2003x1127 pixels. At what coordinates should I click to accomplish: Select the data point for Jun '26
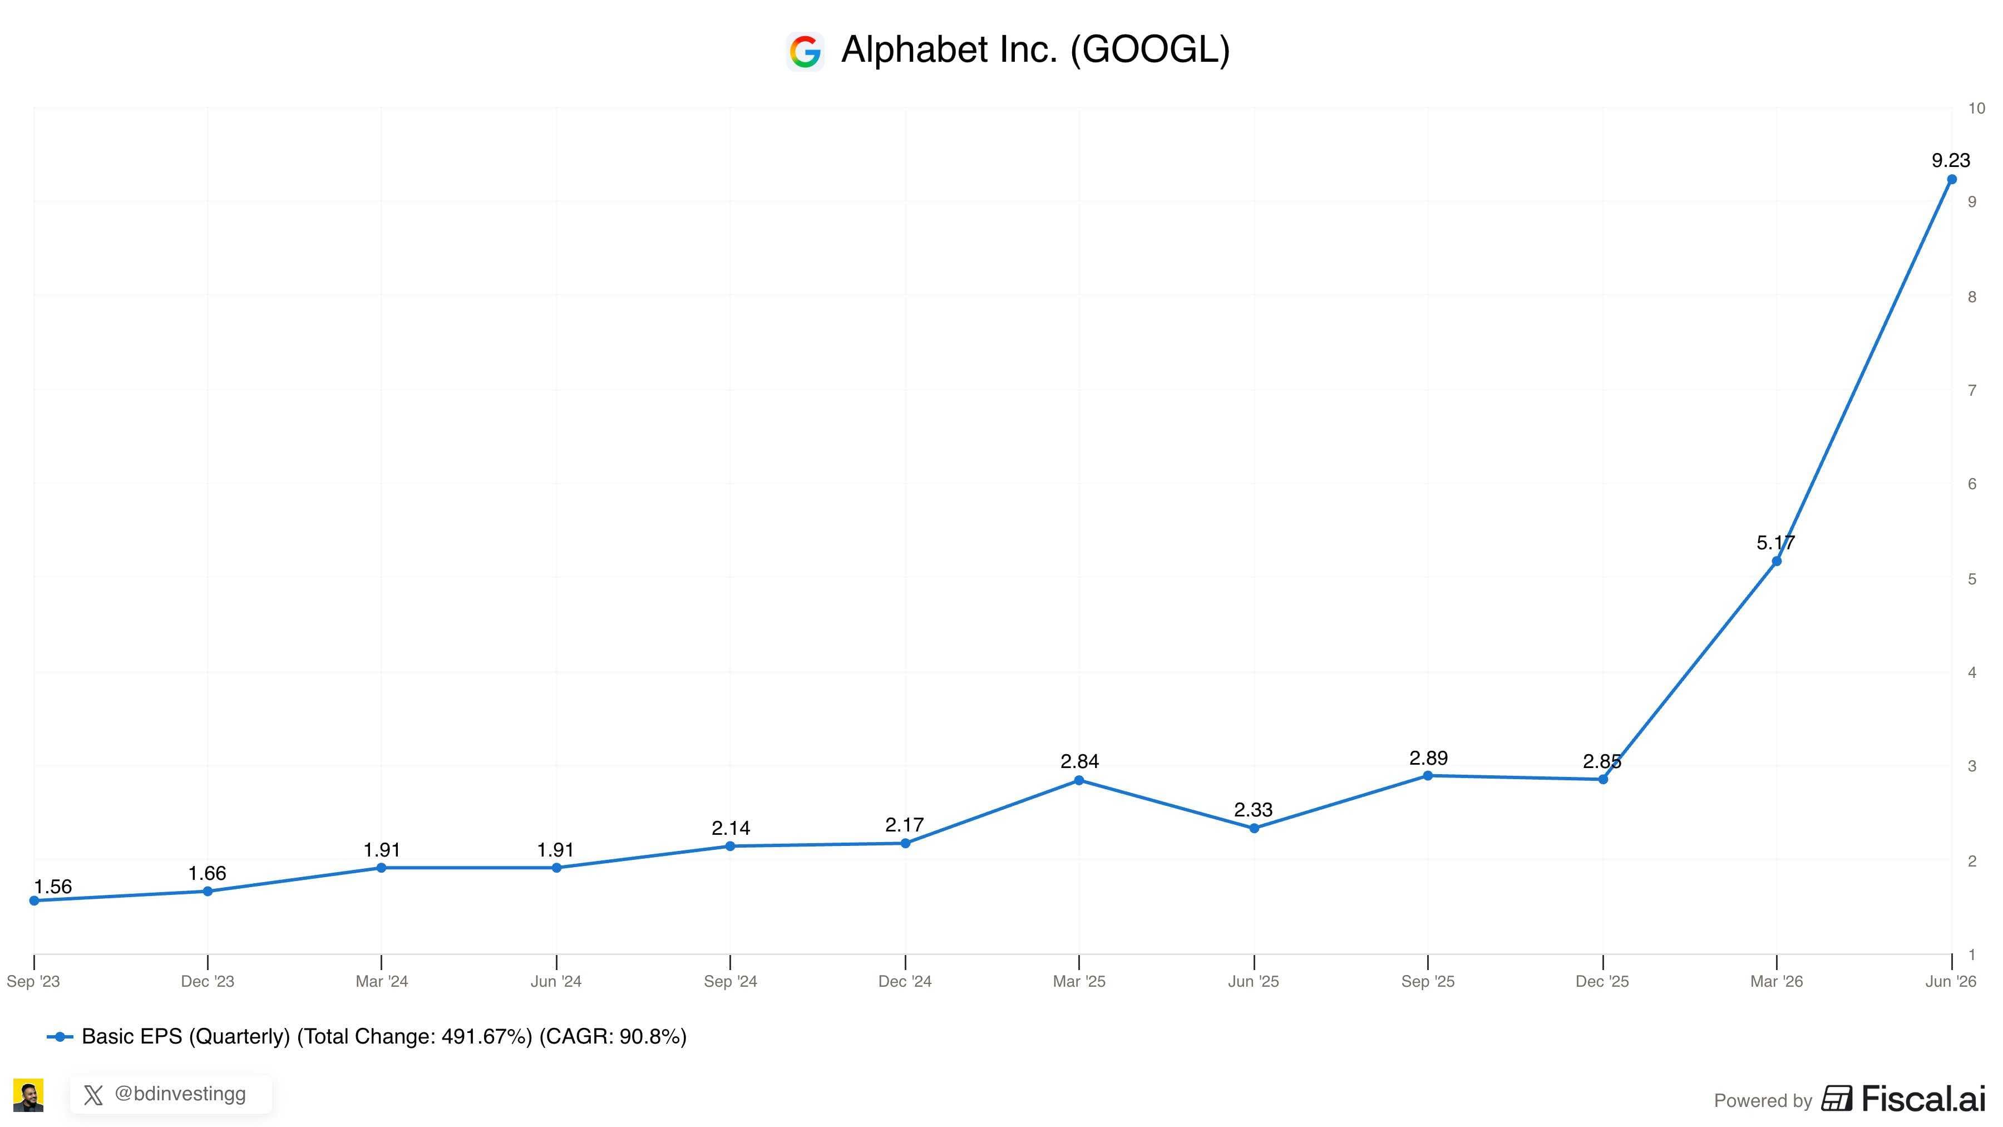coord(1951,180)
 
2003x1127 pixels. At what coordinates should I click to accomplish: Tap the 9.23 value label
coord(1951,160)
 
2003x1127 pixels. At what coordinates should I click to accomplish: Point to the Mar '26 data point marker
coord(1776,561)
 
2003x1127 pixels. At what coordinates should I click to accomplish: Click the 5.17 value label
coord(1775,542)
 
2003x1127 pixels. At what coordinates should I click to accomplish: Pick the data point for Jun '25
coord(1254,828)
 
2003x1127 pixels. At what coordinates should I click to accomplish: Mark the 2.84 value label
coord(1079,761)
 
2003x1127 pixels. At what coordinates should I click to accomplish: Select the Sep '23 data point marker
coord(34,900)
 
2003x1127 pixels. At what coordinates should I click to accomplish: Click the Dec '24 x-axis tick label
coord(904,982)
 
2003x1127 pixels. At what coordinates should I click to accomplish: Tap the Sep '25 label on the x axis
coord(1428,982)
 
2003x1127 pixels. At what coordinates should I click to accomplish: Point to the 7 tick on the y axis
coord(1972,391)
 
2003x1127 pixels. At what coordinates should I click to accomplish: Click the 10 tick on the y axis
coord(1976,109)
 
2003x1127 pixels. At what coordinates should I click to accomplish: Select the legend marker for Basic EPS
coord(60,1037)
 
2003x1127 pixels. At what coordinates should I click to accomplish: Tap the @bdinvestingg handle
coord(180,1094)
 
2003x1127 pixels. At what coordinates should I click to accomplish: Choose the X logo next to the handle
coord(93,1096)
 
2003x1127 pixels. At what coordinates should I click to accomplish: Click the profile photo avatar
coord(29,1095)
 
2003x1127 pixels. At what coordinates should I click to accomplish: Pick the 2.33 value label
coord(1254,810)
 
